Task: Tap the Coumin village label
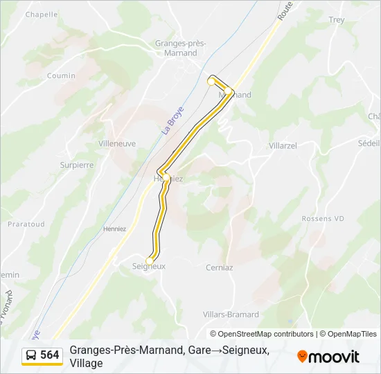pos(61,75)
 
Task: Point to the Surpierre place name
pos(77,165)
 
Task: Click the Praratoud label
pos(26,224)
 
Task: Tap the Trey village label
pos(337,20)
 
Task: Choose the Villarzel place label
pos(283,146)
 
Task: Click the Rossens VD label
pos(323,218)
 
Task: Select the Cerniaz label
pos(220,267)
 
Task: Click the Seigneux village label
pos(149,266)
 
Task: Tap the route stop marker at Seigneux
pos(149,260)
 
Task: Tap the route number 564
pos(50,355)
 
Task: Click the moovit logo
pos(328,356)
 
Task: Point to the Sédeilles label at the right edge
pos(369,143)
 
